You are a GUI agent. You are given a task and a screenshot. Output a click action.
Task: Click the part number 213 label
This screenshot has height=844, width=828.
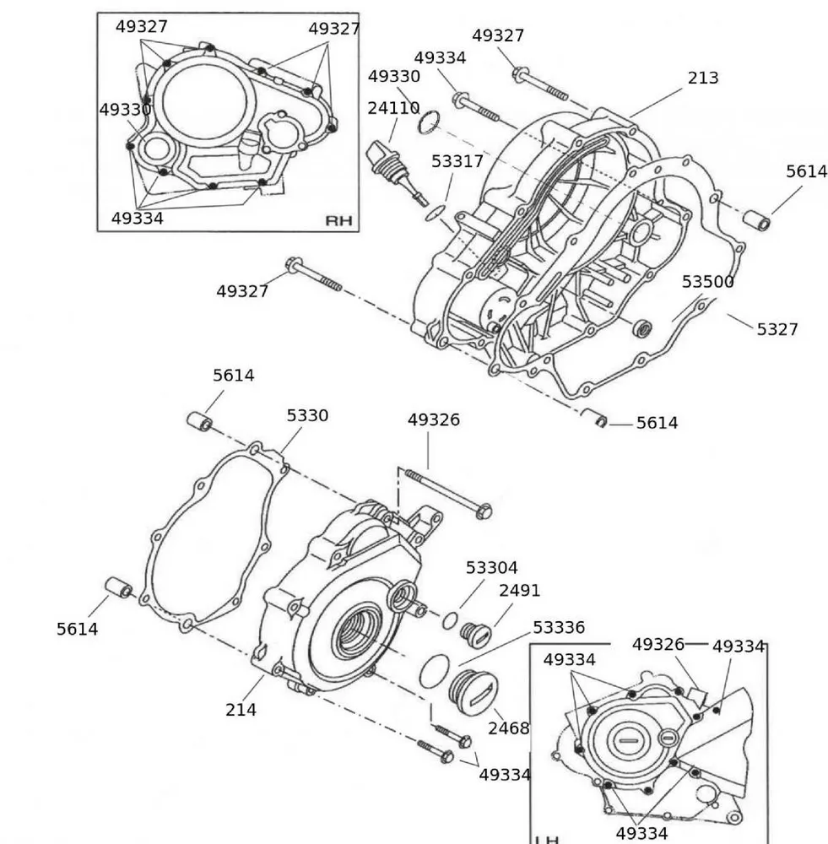(702, 78)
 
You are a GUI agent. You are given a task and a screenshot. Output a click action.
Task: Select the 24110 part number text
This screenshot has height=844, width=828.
(393, 108)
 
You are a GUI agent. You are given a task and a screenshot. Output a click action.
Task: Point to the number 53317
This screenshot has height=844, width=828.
(457, 161)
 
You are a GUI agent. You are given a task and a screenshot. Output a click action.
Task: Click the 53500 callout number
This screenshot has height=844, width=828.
(707, 282)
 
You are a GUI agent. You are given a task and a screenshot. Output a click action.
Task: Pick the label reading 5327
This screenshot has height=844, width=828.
(777, 329)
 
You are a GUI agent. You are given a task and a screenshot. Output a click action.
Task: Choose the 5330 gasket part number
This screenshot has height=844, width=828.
(307, 415)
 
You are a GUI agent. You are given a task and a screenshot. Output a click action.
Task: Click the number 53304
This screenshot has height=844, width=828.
(491, 568)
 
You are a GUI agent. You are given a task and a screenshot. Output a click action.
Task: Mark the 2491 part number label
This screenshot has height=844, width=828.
(519, 591)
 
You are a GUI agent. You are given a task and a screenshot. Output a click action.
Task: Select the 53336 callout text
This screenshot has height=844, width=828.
(558, 628)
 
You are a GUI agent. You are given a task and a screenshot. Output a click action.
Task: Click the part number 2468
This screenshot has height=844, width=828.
(508, 728)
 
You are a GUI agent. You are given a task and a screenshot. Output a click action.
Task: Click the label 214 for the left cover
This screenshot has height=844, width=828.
(241, 710)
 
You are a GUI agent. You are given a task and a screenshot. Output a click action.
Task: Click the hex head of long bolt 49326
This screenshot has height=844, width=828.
(484, 511)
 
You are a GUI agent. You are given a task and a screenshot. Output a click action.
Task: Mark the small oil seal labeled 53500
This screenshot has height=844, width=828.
(643, 327)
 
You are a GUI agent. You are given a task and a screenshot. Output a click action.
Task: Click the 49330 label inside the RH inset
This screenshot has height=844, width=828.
(125, 110)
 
